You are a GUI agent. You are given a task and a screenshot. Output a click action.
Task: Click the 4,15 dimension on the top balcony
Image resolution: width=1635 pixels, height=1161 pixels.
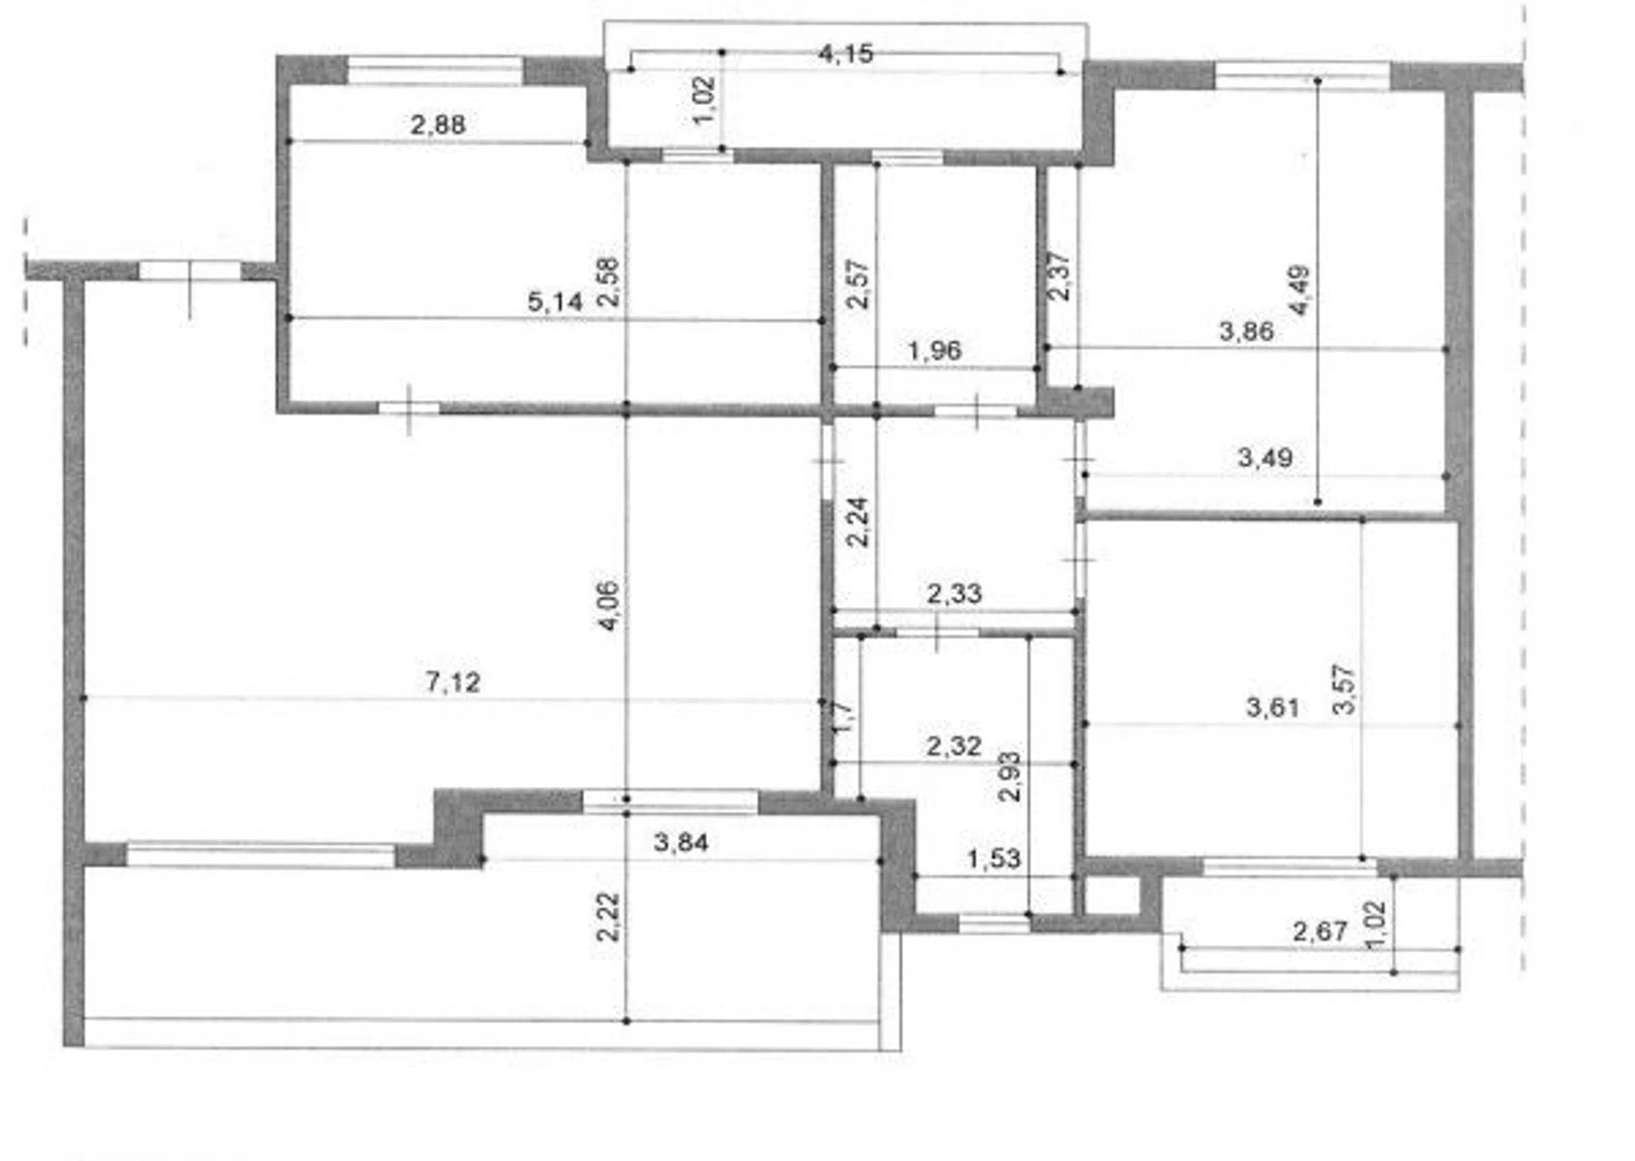point(846,53)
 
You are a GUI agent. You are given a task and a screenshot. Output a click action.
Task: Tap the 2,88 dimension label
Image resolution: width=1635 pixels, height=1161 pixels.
point(438,124)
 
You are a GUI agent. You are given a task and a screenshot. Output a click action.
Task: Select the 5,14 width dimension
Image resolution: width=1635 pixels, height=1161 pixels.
point(555,301)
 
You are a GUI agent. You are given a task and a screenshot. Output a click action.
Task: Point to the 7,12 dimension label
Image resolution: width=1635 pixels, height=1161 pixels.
point(453,682)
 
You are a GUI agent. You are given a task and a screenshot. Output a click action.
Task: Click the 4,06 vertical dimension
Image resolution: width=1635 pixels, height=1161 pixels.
point(610,605)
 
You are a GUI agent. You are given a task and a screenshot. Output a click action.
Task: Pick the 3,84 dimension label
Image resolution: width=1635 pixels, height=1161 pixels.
point(681,842)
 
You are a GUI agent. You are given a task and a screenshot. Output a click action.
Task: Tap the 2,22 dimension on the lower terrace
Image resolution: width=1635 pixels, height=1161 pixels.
point(608,917)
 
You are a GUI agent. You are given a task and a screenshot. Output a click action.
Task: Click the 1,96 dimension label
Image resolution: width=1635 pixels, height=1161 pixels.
point(934,351)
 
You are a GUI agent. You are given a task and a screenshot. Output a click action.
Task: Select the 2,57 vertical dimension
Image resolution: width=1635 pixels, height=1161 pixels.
point(858,284)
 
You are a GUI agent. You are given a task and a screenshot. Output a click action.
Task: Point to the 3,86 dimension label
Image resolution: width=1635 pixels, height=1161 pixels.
point(1246,331)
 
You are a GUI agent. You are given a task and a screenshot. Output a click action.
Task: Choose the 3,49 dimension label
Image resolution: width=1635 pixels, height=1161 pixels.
point(1265,457)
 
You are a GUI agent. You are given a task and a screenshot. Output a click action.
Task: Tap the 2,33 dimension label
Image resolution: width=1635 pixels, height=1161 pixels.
point(954,594)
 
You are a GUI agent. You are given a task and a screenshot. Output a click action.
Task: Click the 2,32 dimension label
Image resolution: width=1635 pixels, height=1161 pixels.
point(954,746)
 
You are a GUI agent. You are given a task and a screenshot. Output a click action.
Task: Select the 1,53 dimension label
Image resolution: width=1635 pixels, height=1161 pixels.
point(994,858)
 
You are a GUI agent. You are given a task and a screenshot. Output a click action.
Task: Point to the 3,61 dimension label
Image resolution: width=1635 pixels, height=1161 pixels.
point(1273,707)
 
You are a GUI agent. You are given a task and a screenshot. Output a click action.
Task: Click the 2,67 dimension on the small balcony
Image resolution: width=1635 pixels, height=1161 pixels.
point(1320,930)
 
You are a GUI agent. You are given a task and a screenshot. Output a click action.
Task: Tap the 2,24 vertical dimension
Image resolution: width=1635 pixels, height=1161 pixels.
point(858,522)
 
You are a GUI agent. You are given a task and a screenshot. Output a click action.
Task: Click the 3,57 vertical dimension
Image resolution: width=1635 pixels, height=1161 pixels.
point(1346,689)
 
